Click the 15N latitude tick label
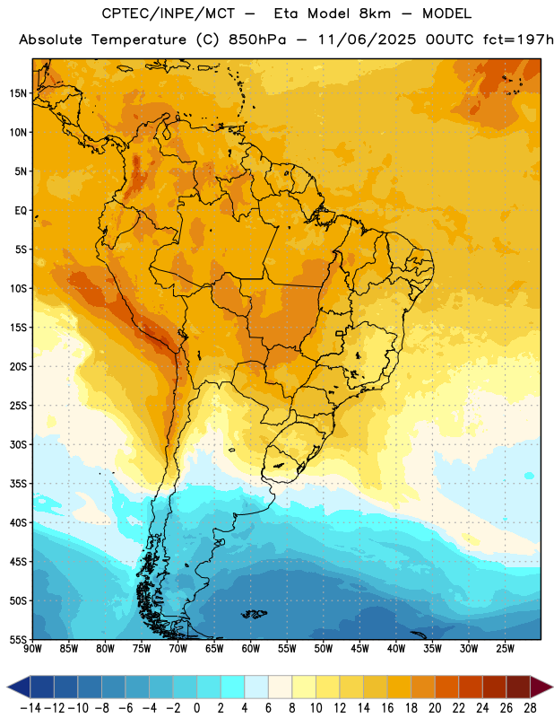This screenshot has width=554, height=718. (18, 93)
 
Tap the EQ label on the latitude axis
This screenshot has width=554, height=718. (21, 211)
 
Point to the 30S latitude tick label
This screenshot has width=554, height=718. (18, 444)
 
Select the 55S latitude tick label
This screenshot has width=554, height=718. (18, 639)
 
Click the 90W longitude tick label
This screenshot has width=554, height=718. (32, 649)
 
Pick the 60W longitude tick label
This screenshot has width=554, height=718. (251, 649)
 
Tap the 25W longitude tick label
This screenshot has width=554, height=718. (505, 649)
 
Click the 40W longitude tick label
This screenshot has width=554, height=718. (396, 649)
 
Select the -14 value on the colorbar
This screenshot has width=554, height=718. (30, 708)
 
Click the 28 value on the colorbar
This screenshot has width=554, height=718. (530, 708)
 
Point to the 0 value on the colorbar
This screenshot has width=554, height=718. (197, 708)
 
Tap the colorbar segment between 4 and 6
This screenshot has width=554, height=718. (256, 687)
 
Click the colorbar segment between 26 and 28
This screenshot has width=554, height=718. (518, 687)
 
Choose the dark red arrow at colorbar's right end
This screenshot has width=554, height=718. (541, 687)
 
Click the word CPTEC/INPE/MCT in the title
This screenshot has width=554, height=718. (168, 13)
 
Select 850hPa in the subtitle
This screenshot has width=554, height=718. (257, 39)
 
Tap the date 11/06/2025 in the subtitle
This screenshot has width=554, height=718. (367, 39)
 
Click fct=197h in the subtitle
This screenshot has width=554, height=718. (518, 39)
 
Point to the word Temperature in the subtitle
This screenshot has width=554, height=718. (139, 40)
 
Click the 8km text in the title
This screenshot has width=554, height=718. (375, 13)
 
